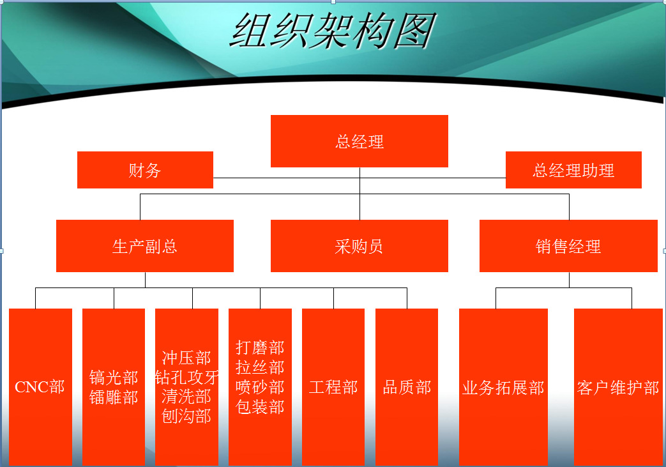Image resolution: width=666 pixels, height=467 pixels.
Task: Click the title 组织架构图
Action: (333, 31)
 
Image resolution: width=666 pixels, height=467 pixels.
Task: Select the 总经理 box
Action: (359, 141)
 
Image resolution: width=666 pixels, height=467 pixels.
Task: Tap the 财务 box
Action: (145, 170)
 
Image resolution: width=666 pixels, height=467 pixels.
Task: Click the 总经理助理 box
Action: (573, 170)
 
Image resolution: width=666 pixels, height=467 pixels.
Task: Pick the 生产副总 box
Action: (145, 245)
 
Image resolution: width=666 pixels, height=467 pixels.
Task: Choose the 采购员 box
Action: (359, 245)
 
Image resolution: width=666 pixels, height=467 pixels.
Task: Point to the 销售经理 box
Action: (568, 245)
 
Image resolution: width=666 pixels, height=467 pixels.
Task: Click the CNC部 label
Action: (40, 387)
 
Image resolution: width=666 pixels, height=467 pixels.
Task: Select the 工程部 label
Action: (333, 387)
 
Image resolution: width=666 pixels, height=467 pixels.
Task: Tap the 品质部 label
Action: (407, 387)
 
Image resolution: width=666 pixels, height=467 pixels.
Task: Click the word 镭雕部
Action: (114, 397)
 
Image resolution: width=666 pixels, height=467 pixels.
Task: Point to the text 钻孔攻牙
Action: (187, 378)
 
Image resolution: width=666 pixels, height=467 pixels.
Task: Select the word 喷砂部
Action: (260, 387)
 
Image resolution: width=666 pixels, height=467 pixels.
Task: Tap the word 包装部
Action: (260, 407)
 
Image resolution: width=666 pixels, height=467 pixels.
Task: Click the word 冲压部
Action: (187, 358)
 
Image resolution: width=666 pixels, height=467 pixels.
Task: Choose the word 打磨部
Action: (260, 348)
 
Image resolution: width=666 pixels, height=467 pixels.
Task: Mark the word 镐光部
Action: (114, 378)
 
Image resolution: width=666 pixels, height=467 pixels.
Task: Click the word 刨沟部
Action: (187, 416)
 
